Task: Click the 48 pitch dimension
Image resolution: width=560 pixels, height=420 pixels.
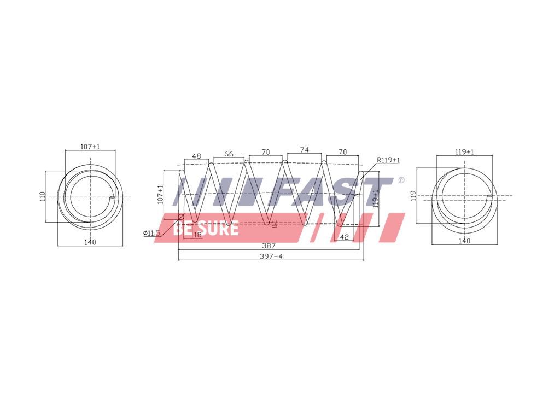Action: (196, 156)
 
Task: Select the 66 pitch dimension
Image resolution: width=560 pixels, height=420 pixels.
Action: (229, 154)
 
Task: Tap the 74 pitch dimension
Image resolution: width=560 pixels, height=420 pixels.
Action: (304, 150)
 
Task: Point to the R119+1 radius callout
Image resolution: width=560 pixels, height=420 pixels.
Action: (389, 160)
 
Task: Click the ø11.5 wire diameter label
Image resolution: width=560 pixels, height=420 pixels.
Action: (151, 233)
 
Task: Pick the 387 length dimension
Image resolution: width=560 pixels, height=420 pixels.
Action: (269, 246)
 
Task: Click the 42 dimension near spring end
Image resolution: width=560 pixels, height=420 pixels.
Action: (345, 237)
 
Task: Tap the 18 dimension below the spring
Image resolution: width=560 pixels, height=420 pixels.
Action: (197, 235)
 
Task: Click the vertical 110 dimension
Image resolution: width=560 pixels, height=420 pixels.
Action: (43, 196)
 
